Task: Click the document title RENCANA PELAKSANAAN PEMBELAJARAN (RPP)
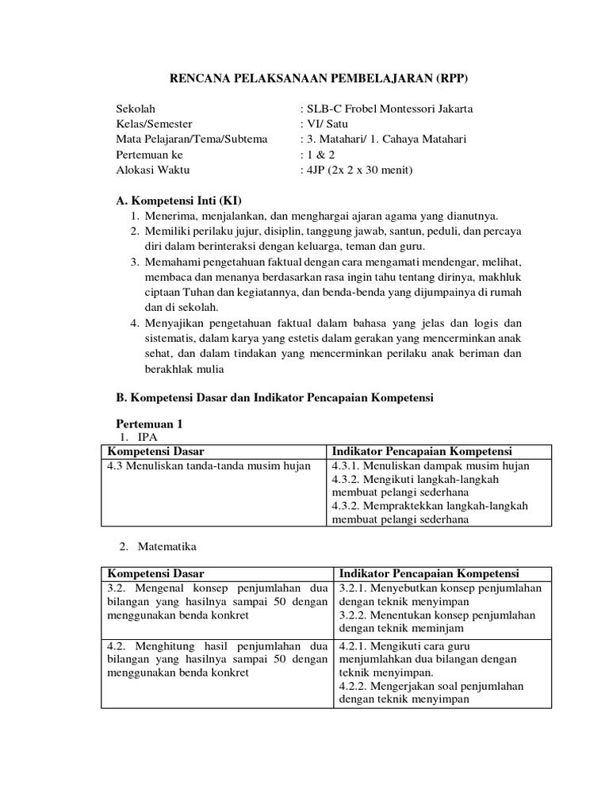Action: (x=320, y=79)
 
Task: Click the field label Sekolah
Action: (x=136, y=109)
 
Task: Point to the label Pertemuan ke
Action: (x=149, y=155)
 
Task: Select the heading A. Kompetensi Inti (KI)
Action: (x=178, y=200)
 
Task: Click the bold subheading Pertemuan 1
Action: (x=149, y=425)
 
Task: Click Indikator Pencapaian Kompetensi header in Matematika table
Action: (x=429, y=573)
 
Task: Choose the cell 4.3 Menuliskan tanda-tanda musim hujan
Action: (x=209, y=465)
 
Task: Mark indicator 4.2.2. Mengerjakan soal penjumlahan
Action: (x=440, y=686)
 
